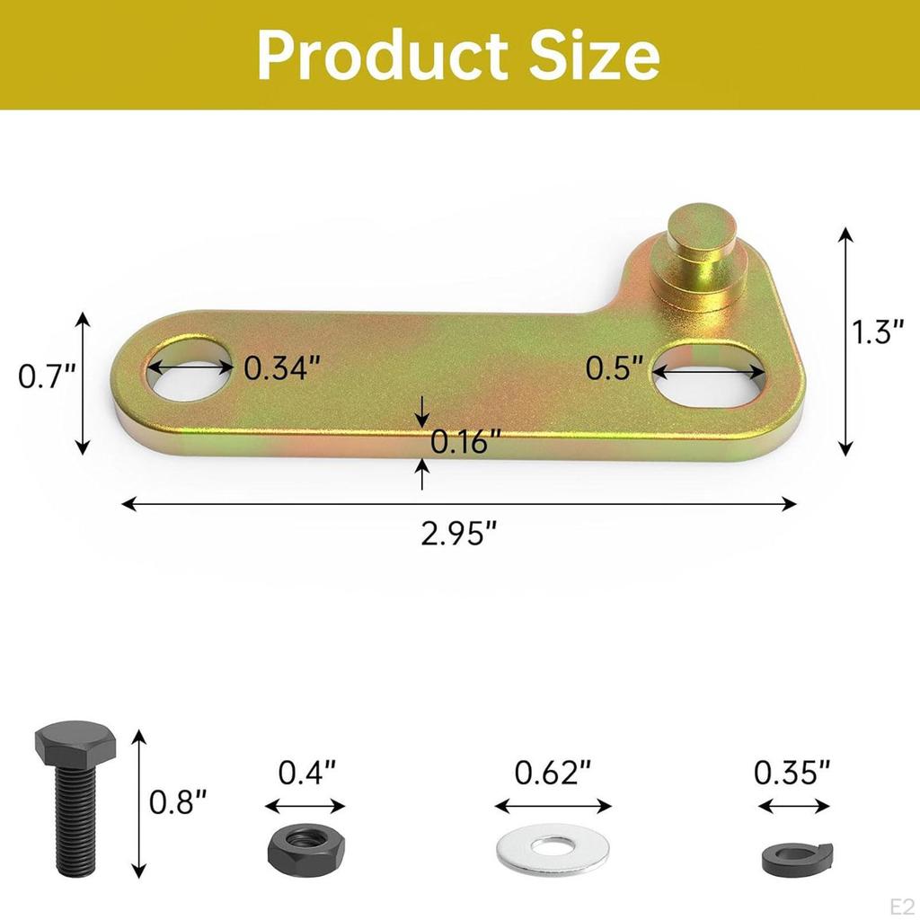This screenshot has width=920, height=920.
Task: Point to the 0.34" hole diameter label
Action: point(282,367)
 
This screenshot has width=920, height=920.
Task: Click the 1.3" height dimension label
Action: point(878,333)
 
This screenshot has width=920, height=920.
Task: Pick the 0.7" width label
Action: point(45,376)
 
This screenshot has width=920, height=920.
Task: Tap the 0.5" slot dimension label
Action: point(615,367)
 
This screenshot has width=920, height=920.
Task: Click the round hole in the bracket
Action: point(188,370)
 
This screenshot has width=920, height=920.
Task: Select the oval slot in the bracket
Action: point(709,374)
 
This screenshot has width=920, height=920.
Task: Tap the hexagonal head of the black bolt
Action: point(75,743)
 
